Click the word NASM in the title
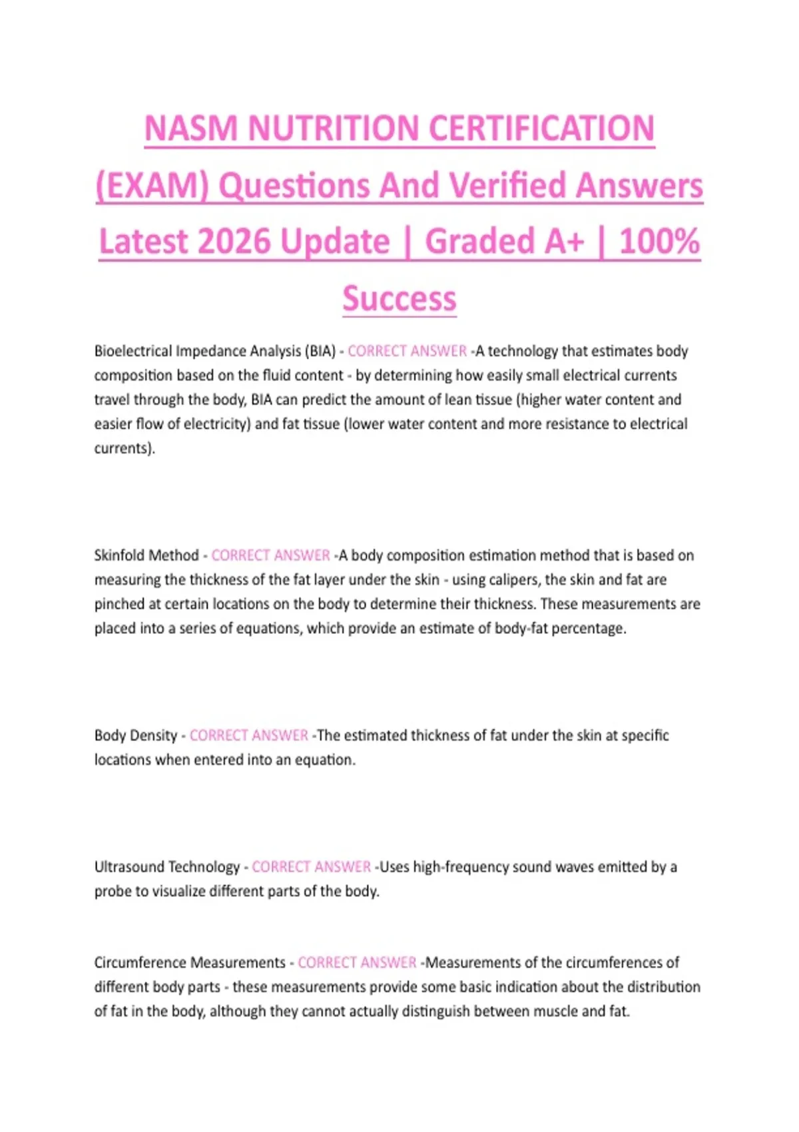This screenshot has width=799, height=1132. (191, 129)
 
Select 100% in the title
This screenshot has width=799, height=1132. (659, 241)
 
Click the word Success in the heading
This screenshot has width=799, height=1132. (400, 298)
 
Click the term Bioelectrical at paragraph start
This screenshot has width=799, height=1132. (133, 351)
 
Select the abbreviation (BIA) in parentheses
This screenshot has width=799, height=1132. (320, 351)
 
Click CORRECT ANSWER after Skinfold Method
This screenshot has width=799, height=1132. (270, 555)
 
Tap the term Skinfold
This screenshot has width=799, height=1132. (118, 555)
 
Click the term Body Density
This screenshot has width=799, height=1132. (136, 736)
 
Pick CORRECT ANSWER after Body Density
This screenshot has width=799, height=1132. (248, 736)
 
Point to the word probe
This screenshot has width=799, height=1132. (113, 892)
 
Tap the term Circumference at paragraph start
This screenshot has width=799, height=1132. (139, 963)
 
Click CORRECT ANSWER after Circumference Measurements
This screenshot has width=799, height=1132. (357, 963)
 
